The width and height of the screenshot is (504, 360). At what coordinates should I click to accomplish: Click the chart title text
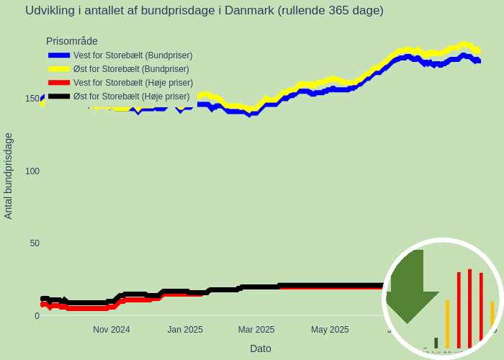click(x=204, y=11)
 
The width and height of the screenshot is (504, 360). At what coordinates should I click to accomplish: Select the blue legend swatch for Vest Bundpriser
click(x=59, y=55)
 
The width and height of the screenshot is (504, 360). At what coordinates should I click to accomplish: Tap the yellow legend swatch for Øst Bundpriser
click(x=59, y=68)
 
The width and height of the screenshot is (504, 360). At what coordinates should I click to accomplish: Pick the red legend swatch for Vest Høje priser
click(x=59, y=82)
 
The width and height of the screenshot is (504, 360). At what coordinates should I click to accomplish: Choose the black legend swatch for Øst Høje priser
click(x=59, y=96)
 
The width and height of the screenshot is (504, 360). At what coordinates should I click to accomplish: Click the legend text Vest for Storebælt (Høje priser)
click(x=133, y=83)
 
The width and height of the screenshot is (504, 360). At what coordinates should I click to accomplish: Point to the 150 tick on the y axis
click(x=32, y=99)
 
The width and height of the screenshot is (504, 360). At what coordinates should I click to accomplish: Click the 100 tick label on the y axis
click(x=32, y=171)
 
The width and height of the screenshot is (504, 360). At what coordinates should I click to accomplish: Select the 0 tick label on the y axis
click(x=37, y=315)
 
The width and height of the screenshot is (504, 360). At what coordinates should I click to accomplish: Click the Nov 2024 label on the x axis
click(x=112, y=330)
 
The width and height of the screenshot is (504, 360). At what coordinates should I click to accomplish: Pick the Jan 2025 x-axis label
click(x=185, y=330)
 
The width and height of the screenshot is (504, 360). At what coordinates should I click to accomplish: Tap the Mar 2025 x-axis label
click(x=256, y=330)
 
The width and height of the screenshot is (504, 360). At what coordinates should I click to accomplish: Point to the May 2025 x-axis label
click(x=330, y=330)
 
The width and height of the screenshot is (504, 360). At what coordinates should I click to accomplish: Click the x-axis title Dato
click(x=261, y=348)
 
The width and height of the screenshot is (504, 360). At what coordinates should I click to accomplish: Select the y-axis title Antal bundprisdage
click(x=9, y=176)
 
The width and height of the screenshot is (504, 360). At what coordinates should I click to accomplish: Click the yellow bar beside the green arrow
click(x=447, y=324)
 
